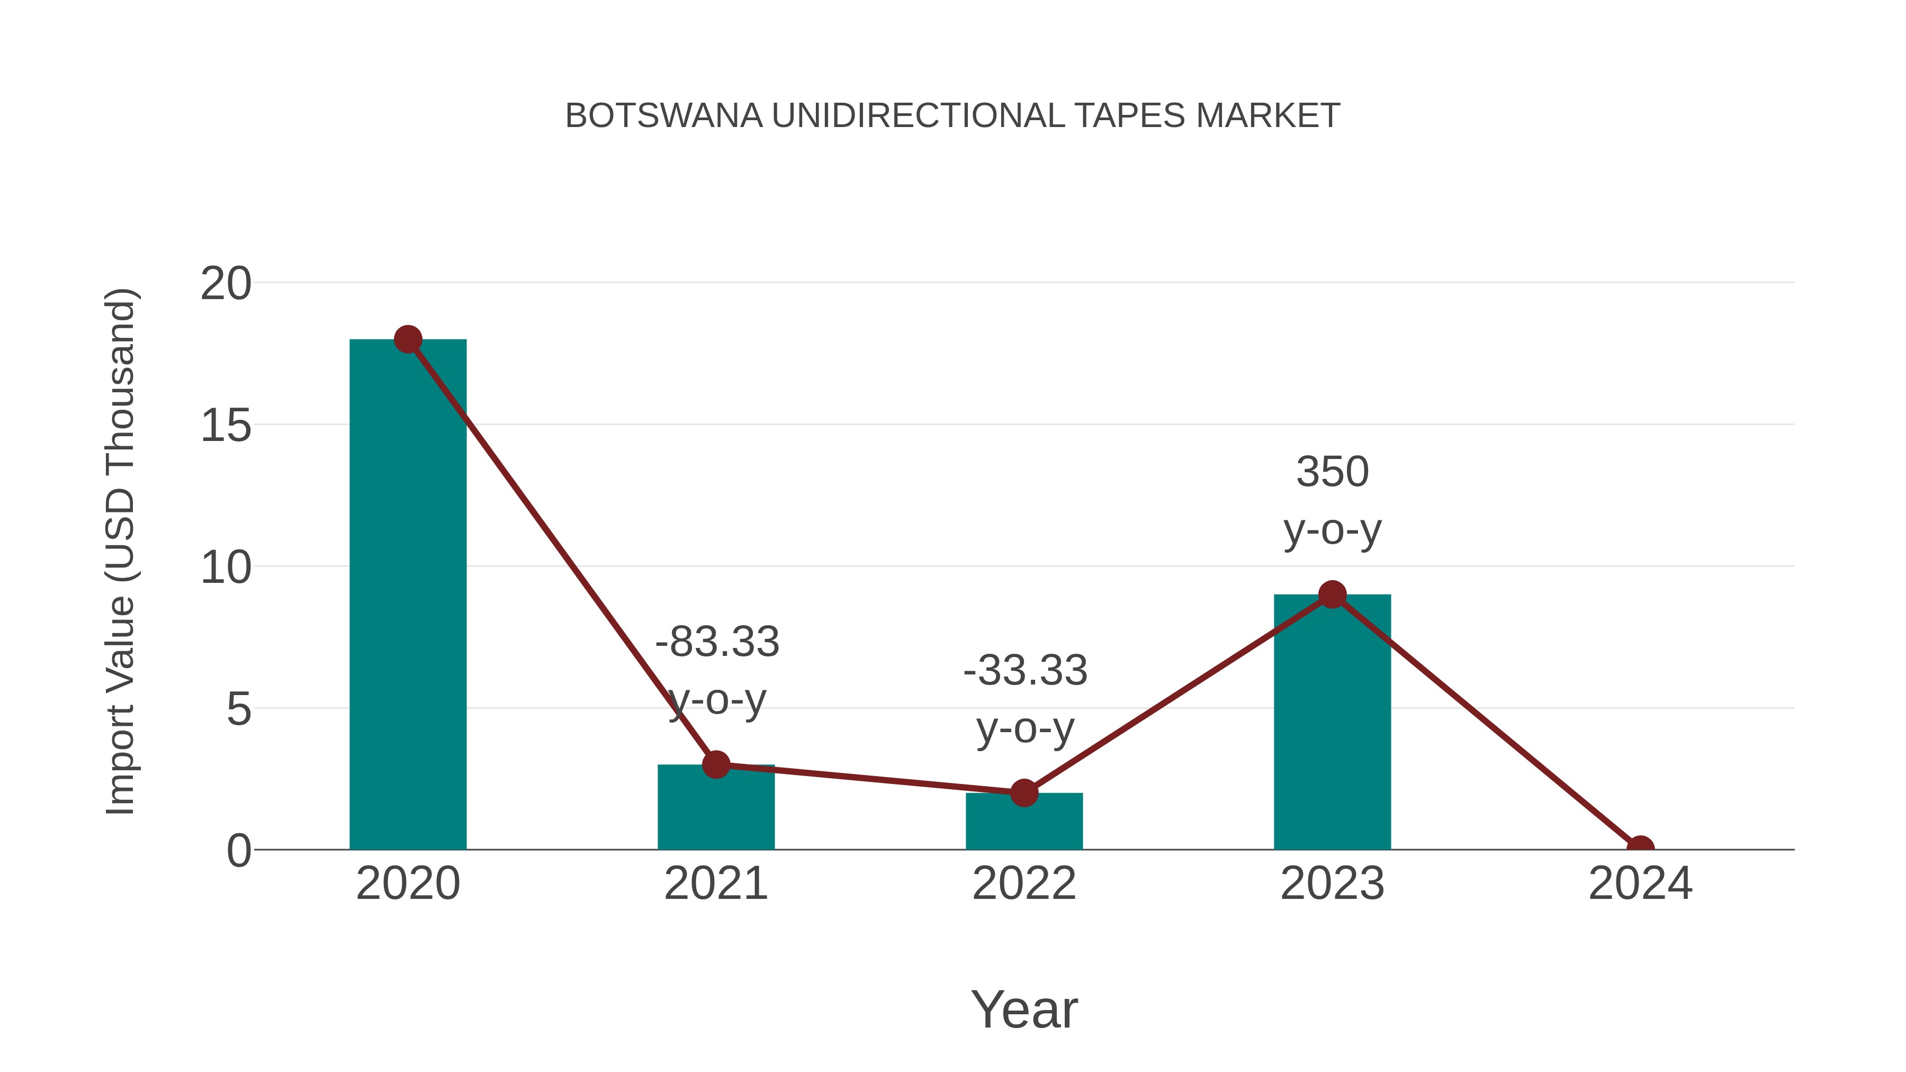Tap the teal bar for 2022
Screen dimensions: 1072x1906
pos(1024,822)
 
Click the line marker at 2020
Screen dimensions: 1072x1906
pos(408,339)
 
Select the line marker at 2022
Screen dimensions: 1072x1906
pos(1024,793)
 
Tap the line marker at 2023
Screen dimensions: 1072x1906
pos(1332,594)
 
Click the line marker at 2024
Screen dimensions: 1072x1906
pos(1640,848)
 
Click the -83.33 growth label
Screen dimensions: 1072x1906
pos(717,642)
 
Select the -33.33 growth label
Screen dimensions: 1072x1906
pos(1025,670)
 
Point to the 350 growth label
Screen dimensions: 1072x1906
pos(1332,472)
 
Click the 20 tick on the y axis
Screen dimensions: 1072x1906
pos(226,283)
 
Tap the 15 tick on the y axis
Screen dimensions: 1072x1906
pos(226,426)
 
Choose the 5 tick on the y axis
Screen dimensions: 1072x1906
pos(238,709)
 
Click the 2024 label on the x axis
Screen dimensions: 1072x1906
pos(1640,884)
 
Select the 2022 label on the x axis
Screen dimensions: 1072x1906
pos(1024,884)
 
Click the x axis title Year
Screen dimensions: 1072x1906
pos(1024,1009)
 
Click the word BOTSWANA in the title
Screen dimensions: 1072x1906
pos(664,116)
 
